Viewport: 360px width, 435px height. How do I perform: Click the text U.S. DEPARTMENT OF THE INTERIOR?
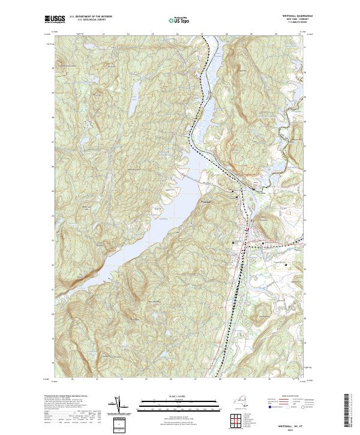92,17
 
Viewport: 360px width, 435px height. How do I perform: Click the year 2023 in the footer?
293,429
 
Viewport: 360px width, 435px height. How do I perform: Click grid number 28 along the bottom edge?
220,379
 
